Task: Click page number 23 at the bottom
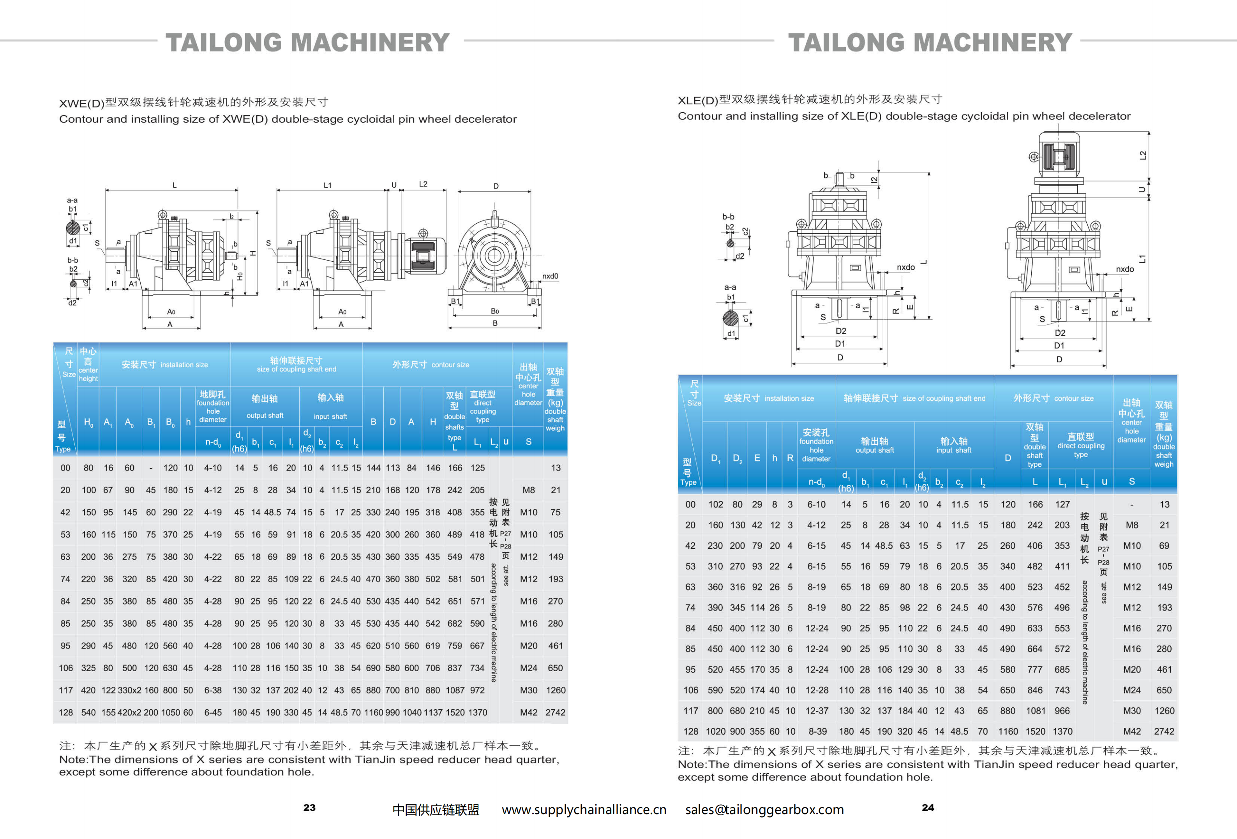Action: [309, 807]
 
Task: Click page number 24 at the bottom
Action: [928, 807]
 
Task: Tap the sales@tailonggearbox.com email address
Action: [764, 809]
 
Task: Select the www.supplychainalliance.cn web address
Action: [584, 809]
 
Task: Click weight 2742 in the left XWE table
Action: [555, 712]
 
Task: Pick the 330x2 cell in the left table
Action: [129, 690]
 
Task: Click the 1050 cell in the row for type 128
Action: [170, 712]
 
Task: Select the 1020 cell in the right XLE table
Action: [715, 731]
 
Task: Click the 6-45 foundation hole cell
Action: [213, 712]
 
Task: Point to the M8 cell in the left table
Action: [529, 490]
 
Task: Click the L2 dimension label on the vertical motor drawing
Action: [1143, 155]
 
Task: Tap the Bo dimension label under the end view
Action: [495, 311]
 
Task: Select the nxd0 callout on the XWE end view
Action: [550, 276]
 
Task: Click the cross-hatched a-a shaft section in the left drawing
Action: [73, 228]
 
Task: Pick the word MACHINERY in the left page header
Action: [371, 42]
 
